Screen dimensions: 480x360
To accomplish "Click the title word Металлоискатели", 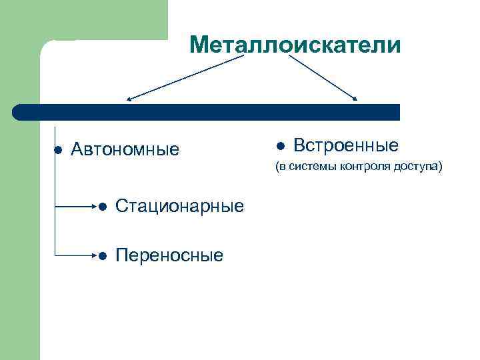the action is click(x=295, y=45).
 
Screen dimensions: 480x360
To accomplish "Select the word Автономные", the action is click(x=125, y=149).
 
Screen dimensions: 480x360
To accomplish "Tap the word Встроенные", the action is click(x=346, y=145).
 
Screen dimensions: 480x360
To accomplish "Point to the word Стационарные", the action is click(x=179, y=206).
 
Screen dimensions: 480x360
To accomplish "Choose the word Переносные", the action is click(x=169, y=255).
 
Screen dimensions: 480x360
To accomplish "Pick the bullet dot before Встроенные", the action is click(x=281, y=146).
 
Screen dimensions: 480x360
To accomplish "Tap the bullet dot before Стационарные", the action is click(x=102, y=207).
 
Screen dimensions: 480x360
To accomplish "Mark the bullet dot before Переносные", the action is click(x=102, y=256).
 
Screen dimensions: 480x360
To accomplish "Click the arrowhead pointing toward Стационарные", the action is click(x=95, y=207).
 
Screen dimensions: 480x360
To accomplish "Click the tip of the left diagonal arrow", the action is click(x=128, y=100).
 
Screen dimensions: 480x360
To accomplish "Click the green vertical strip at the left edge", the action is click(x=20, y=233).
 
